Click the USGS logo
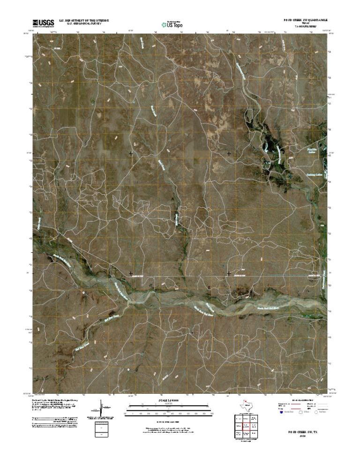(43, 22)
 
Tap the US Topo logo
(172, 23)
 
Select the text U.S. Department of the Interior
(83, 20)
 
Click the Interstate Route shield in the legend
(282, 413)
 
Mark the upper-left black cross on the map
(131, 153)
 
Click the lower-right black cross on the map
(229, 273)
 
